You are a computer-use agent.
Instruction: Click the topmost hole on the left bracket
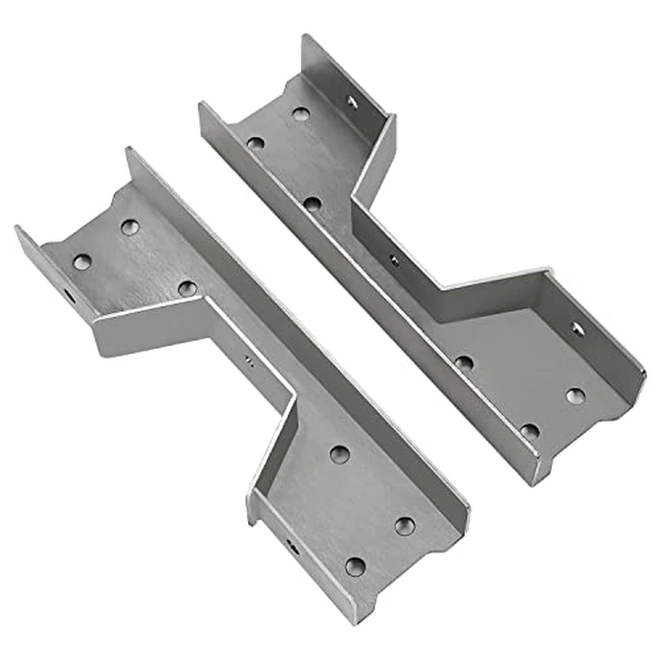point(130,226)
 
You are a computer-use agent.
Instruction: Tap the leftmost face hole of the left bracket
point(83,262)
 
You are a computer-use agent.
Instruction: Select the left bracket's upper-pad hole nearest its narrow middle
point(187,288)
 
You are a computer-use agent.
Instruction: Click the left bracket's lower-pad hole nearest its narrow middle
point(339,454)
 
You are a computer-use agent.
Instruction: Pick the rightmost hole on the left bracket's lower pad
point(404,525)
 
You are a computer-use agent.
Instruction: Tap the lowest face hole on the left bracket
point(355,566)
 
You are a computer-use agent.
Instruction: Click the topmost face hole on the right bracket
point(300,114)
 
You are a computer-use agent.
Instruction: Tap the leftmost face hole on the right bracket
point(256,144)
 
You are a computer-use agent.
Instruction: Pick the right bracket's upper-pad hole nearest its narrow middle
point(313,203)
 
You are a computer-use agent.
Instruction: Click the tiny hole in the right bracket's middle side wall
point(393,259)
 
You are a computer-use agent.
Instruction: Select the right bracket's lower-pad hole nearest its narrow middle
point(464,362)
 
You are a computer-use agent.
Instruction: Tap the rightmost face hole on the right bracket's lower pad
point(574,395)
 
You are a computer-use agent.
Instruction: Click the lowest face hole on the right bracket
point(530,431)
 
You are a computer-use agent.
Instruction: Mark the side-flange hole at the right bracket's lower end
point(577,328)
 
